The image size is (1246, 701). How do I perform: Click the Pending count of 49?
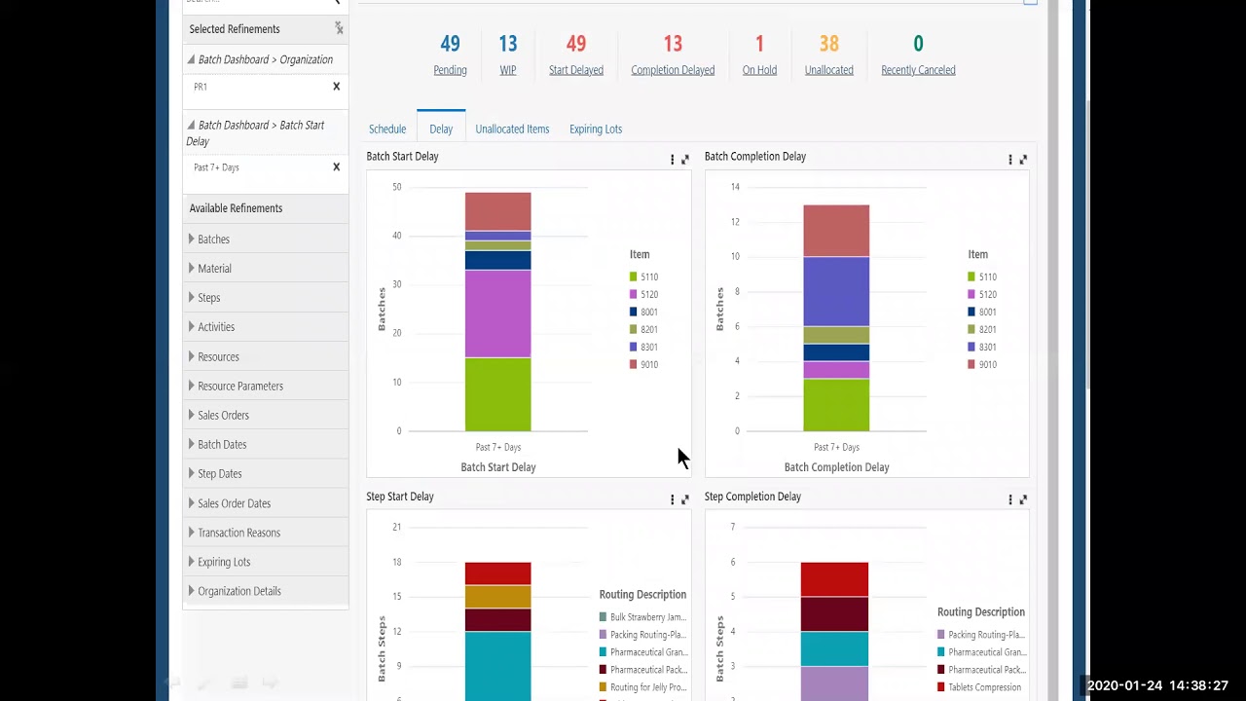[450, 44]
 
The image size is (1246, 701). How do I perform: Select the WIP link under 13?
[507, 70]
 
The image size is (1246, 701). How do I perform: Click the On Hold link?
[759, 70]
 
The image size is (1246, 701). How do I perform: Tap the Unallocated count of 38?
[828, 44]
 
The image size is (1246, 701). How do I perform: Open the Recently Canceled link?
[918, 70]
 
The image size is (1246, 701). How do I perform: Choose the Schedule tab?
[387, 129]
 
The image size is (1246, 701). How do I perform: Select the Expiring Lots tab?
[595, 129]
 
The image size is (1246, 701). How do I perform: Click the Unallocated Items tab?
[512, 129]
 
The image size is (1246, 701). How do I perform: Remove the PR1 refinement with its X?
[337, 87]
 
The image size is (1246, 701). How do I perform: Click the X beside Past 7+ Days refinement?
[337, 167]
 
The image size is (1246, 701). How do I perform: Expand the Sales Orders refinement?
[223, 415]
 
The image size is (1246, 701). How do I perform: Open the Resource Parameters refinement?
[239, 386]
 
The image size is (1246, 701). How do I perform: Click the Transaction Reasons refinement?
[238, 533]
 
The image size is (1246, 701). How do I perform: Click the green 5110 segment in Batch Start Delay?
[497, 394]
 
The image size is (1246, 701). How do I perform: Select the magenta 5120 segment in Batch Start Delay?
[497, 314]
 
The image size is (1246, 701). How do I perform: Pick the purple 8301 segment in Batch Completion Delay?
[836, 291]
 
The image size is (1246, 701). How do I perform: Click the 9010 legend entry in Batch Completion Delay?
[986, 364]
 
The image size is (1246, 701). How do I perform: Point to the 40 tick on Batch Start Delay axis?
[397, 236]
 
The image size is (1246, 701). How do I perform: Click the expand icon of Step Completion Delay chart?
[1023, 499]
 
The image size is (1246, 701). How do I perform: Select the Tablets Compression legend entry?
[983, 687]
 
